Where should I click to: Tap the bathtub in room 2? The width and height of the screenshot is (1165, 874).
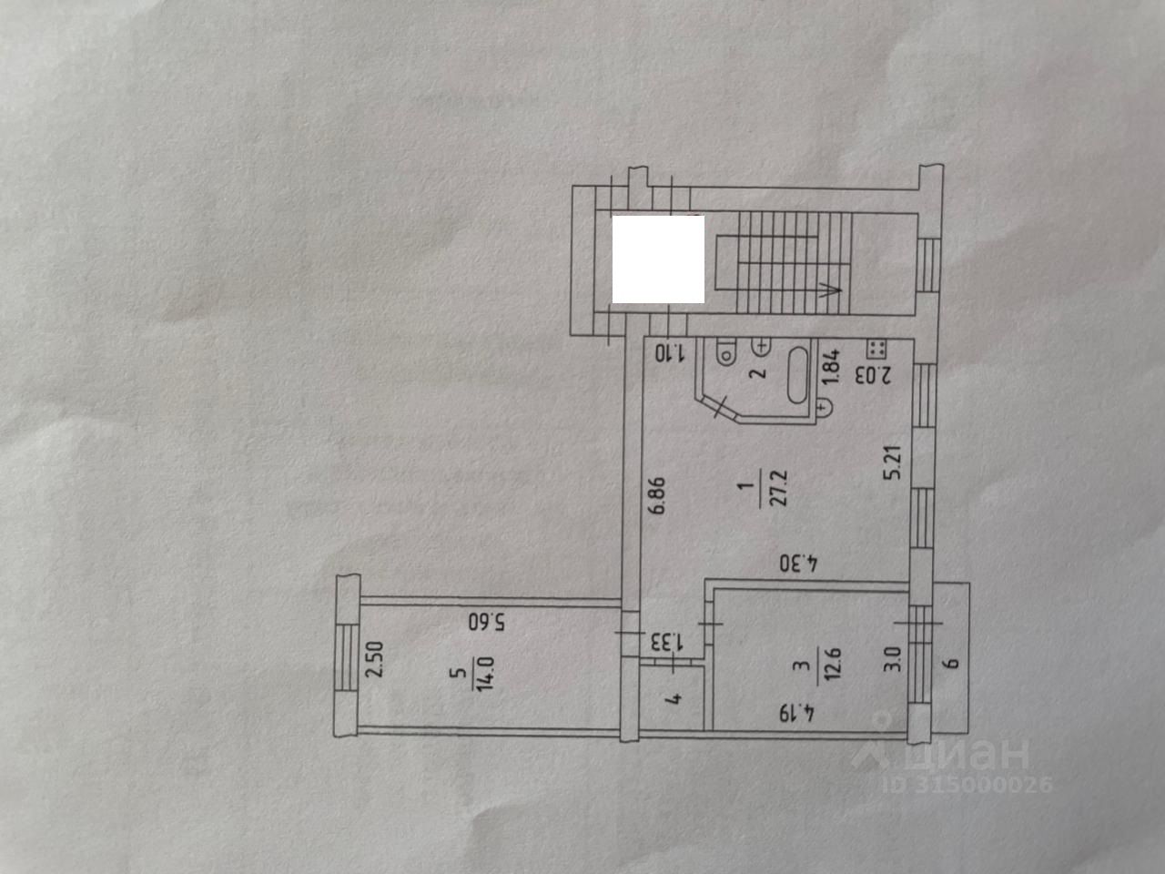799,372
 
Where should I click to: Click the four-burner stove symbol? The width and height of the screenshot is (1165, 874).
878,347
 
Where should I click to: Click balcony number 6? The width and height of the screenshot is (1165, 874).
952,662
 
